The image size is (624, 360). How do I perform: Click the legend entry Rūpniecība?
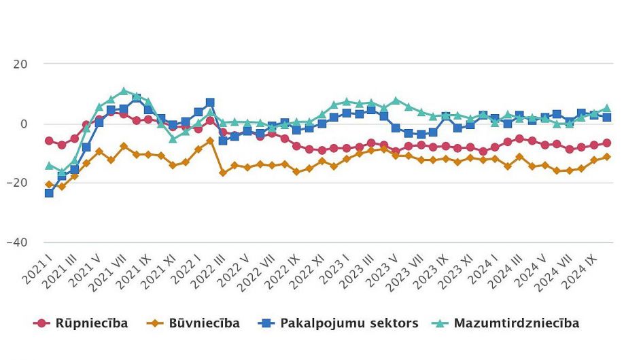pos(81,323)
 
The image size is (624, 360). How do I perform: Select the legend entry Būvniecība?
pos(193,323)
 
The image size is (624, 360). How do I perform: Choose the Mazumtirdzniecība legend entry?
pos(506,323)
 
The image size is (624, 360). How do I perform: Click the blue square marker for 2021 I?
pos(49,193)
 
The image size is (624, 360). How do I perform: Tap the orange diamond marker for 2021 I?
pos(49,184)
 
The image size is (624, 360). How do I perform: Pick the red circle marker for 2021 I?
pos(49,141)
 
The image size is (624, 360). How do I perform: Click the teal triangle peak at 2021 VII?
pos(124,90)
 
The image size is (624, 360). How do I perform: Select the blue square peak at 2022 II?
pos(210,103)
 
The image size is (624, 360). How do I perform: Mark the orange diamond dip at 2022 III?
pos(223,173)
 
